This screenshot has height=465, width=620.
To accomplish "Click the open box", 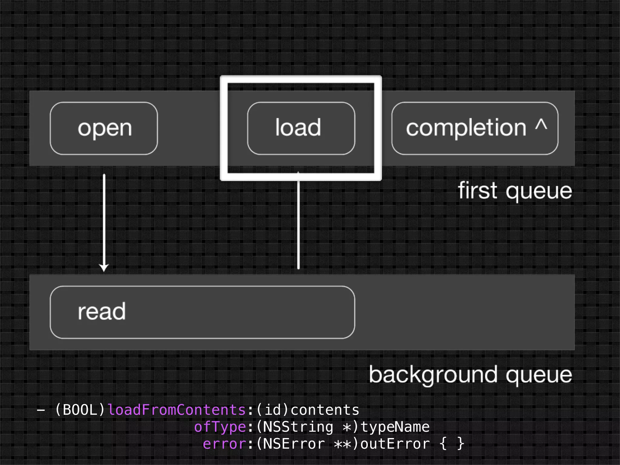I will point(104,128).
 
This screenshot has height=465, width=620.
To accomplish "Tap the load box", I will point(301,128).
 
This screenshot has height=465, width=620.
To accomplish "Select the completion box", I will point(474,128).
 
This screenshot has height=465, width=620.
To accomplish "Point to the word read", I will point(101,312).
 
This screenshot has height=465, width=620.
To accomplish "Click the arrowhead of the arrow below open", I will point(104,268).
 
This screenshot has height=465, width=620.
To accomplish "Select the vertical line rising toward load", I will point(298,224).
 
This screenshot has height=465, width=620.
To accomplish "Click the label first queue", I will point(515,191).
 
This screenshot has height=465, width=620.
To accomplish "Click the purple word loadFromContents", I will point(176,410).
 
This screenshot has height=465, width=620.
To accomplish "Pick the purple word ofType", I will point(220,427).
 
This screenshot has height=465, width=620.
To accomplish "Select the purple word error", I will point(224,444).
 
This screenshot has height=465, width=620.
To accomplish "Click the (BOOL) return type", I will point(80,410).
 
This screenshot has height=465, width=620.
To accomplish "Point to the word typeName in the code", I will point(395,427).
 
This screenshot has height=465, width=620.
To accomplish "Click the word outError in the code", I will point(395,444).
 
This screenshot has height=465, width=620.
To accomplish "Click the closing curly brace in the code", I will point(460,444).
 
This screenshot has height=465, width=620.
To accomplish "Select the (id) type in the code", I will point(273,410).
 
